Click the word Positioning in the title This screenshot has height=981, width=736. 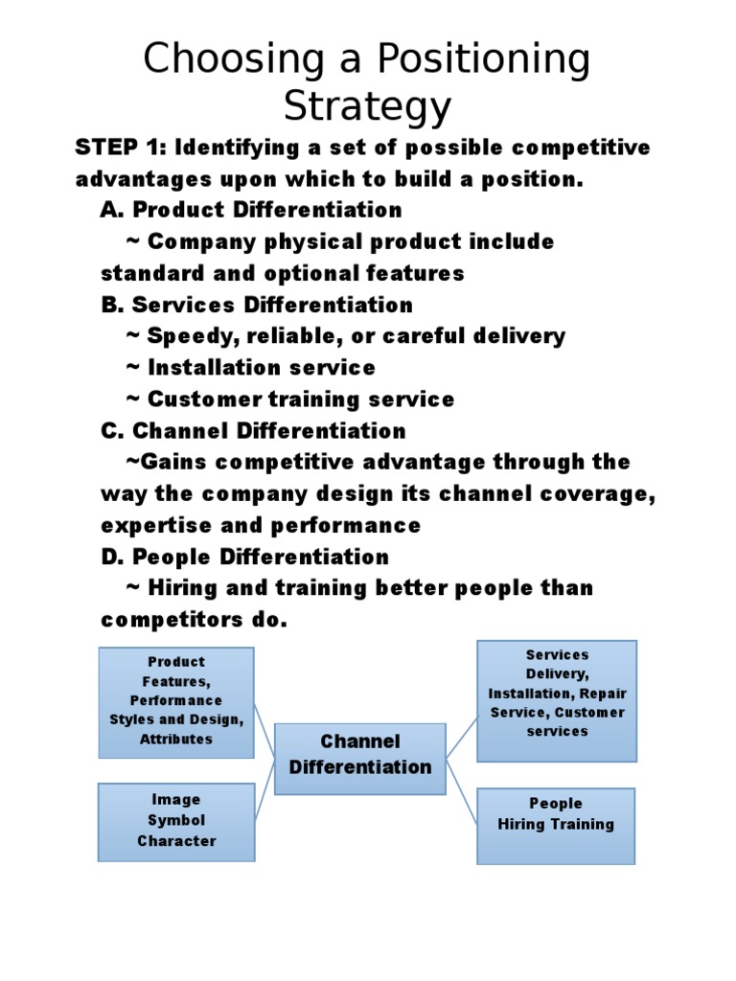tap(483, 60)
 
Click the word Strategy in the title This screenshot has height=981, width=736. tap(367, 107)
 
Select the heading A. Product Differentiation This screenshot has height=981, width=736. tap(251, 210)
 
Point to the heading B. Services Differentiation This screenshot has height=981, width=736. tap(257, 305)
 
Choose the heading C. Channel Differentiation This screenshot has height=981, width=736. tap(253, 431)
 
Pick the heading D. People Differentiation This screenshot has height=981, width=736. tap(244, 557)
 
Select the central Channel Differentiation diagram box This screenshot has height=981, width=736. tap(360, 759)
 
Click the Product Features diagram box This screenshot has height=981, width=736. tap(176, 702)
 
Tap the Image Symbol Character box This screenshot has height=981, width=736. tap(176, 822)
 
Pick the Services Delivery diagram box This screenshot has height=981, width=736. tap(557, 701)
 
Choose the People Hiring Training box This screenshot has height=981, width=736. tap(556, 827)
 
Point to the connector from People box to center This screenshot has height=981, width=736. tap(462, 791)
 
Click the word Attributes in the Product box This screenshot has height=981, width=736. tap(176, 739)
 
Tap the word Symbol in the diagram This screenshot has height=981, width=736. tap(176, 820)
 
